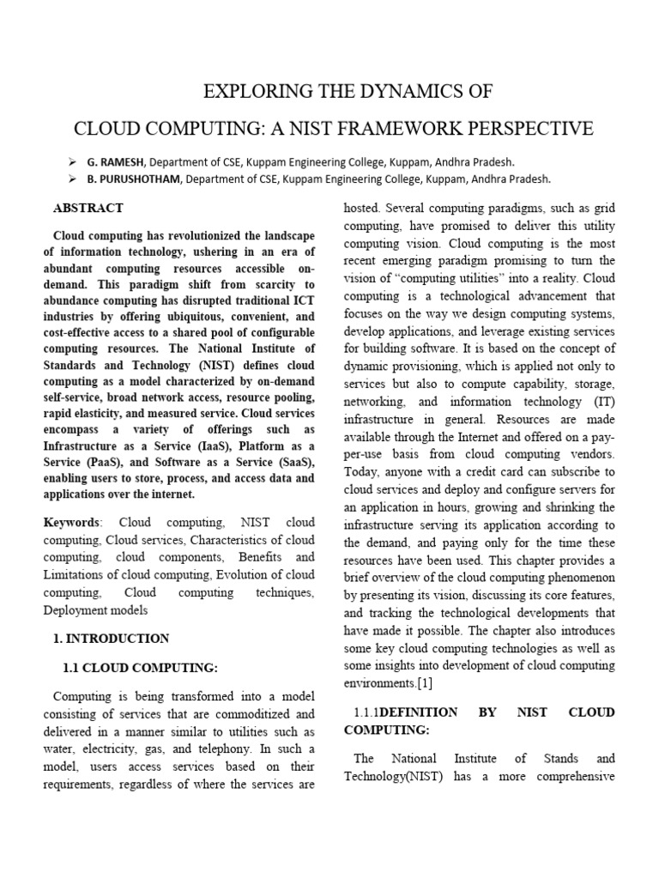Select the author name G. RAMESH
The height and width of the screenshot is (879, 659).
coord(116,161)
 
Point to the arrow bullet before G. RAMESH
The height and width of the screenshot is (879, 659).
coord(72,161)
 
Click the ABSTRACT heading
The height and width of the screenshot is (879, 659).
coord(88,208)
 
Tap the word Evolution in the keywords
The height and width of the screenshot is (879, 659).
coord(245,574)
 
